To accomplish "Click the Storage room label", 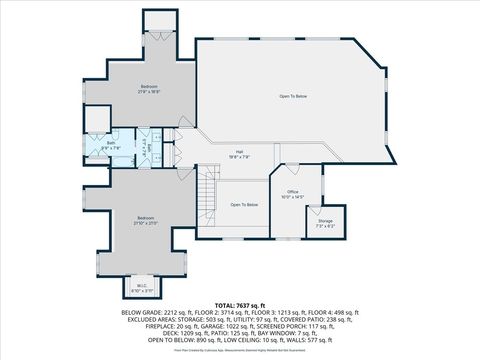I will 326,223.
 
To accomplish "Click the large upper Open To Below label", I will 293,96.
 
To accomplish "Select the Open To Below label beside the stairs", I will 244,205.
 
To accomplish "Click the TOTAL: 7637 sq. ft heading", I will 240,304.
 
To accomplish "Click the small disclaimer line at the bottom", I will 240,350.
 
